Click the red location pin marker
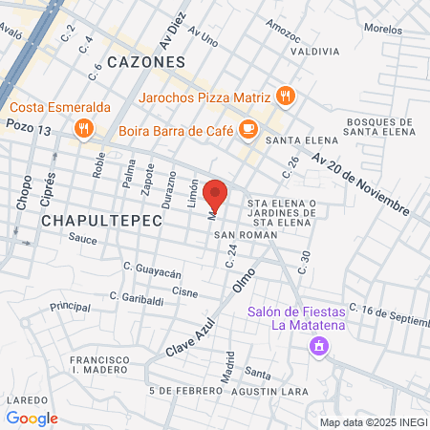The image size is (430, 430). [x=215, y=196]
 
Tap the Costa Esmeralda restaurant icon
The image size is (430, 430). [x=85, y=128]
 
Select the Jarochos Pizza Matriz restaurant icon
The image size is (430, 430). [x=284, y=96]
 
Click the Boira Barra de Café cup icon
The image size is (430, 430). [x=247, y=127]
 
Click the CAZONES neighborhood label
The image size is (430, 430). [x=145, y=61]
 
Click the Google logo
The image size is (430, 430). [x=32, y=418]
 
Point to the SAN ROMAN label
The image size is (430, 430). [x=238, y=234]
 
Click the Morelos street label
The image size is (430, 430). [x=383, y=29]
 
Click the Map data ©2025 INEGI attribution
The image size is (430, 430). [x=371, y=421]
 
